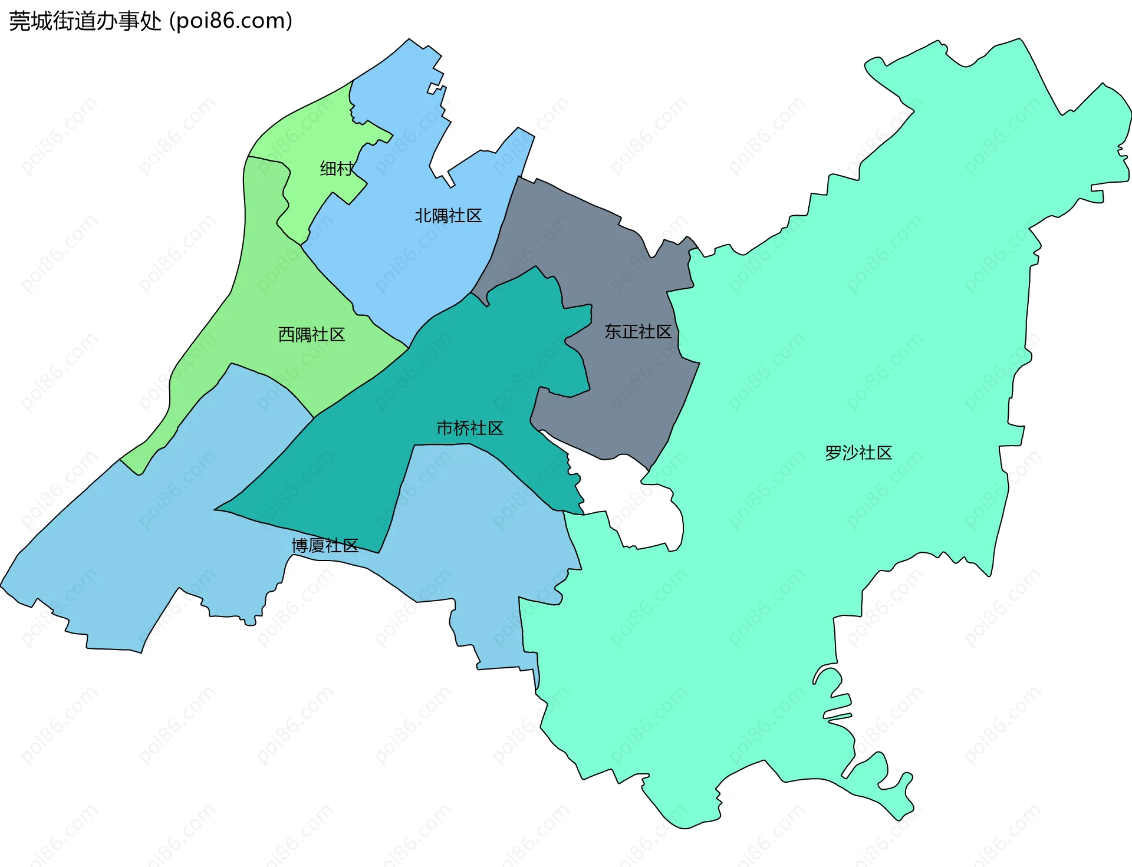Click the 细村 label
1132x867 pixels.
coord(336,169)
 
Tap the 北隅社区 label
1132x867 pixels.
coord(448,216)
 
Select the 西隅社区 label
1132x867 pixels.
coord(311,335)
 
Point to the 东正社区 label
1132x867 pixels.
coord(638,332)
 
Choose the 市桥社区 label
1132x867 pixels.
coord(469,428)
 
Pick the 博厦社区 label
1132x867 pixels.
coord(325,546)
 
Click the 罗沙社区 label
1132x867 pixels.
coord(858,453)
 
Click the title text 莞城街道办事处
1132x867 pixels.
coord(85,21)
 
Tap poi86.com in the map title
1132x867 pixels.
coord(231,21)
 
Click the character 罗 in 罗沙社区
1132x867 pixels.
coord(833,453)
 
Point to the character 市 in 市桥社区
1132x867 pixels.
coord(445,428)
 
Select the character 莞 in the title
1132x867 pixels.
coord(19,21)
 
